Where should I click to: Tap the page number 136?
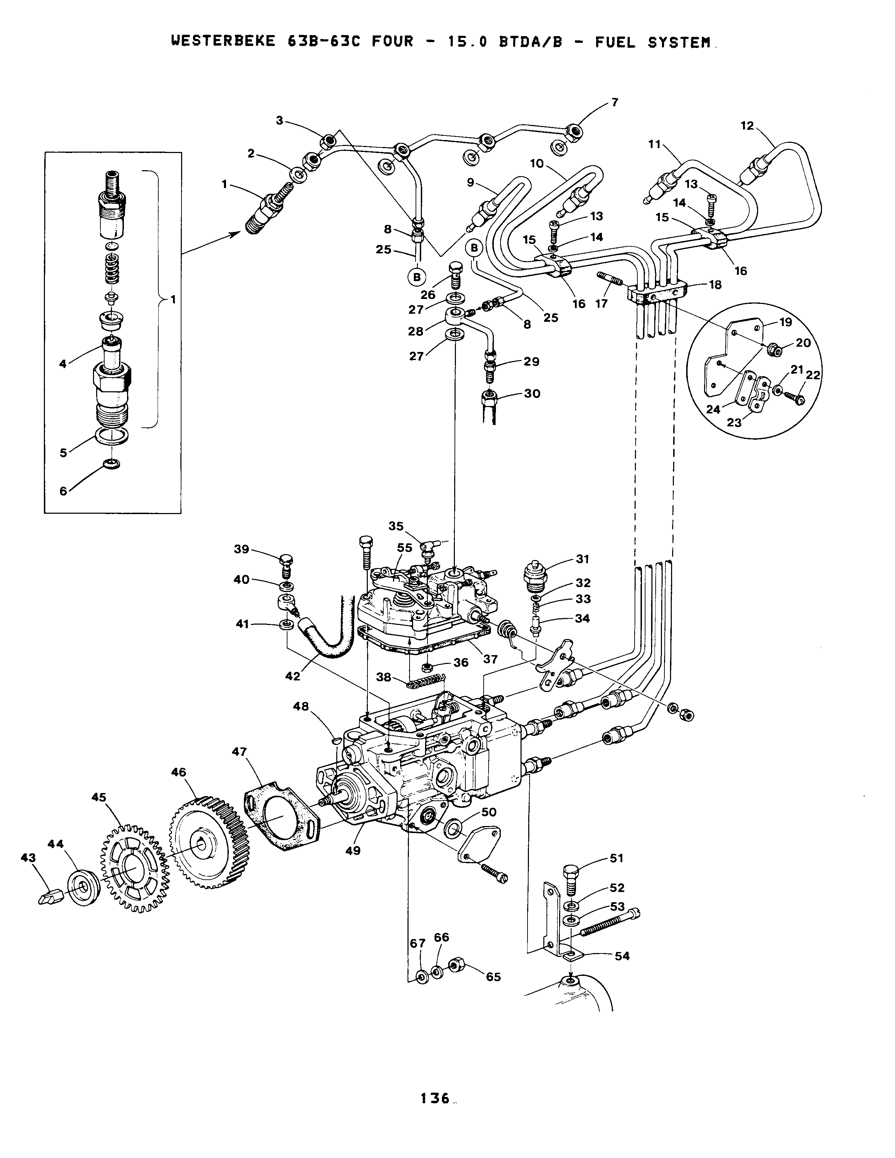[435, 1098]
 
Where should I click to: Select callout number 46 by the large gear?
[179, 772]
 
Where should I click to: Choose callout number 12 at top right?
[747, 126]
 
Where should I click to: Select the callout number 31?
[583, 559]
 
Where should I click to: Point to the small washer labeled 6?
[111, 464]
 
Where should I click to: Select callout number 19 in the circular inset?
[785, 322]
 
